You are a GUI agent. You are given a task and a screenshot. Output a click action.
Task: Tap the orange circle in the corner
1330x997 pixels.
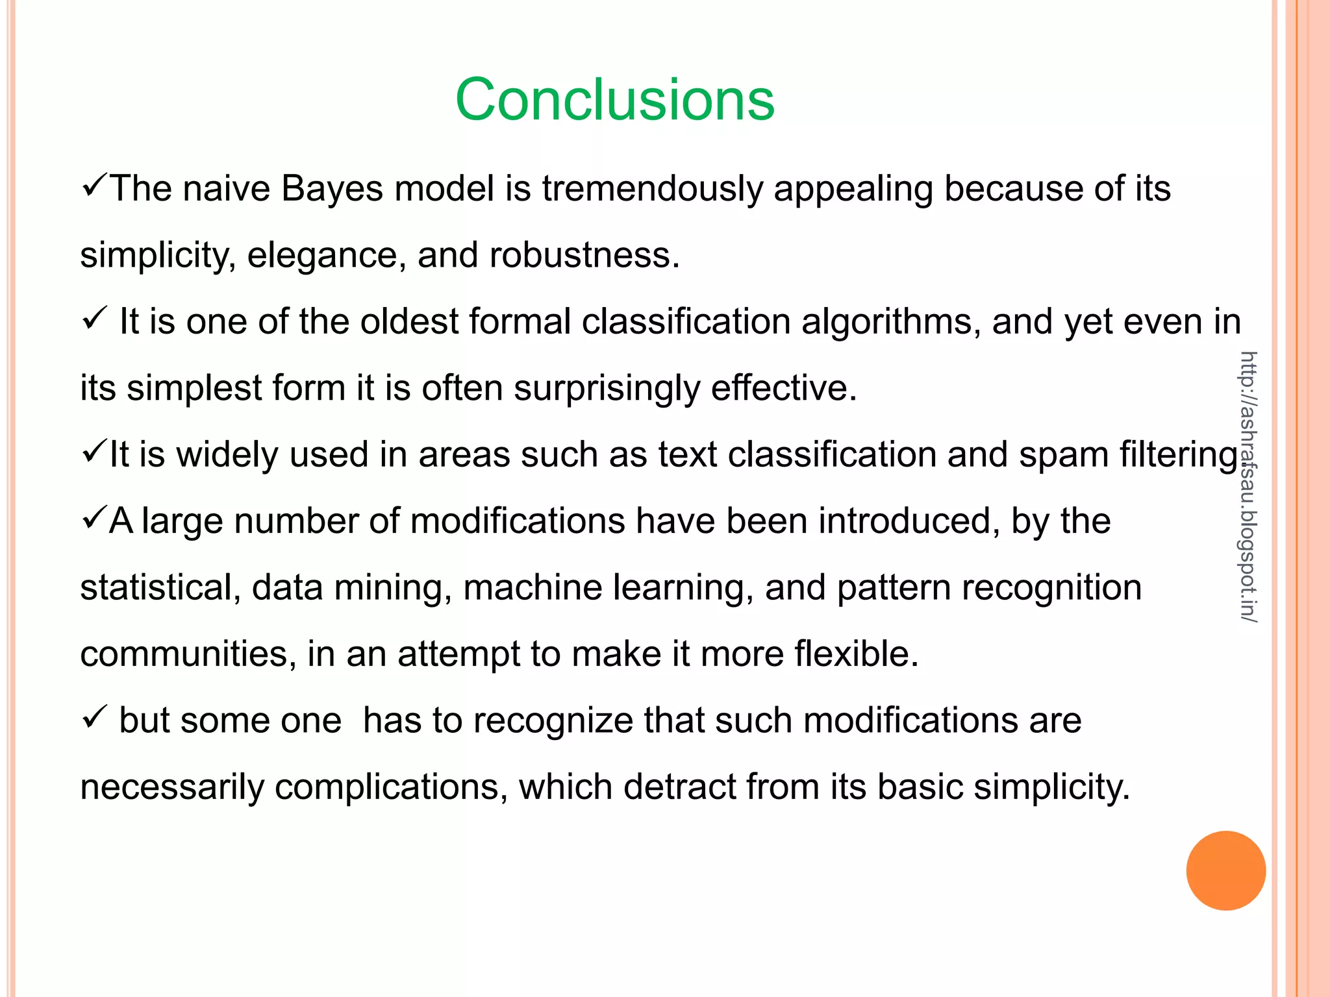pos(1225,870)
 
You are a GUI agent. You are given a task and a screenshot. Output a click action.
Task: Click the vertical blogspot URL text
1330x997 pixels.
pos(1248,487)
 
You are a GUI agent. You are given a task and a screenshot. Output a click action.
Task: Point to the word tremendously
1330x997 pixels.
pos(653,189)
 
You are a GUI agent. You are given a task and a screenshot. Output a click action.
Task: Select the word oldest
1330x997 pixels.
pos(410,321)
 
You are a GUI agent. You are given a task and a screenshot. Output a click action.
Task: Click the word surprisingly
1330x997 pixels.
pos(607,388)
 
